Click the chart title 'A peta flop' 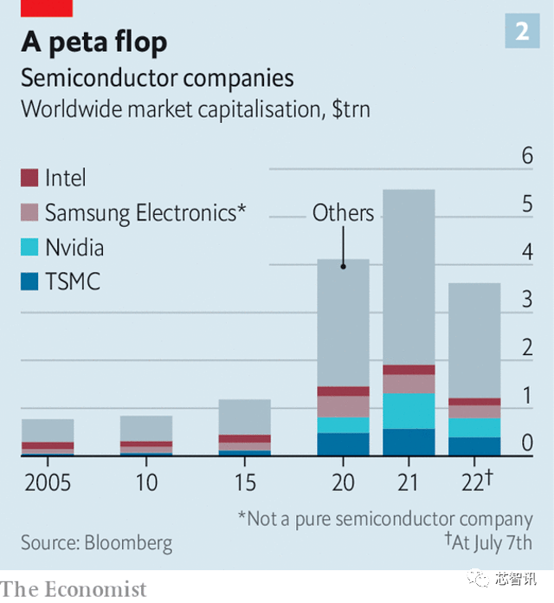click(94, 42)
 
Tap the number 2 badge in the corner click(522, 31)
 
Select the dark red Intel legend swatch click(30, 178)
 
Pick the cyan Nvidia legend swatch click(30, 248)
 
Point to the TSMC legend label click(73, 282)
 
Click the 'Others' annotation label click(343, 213)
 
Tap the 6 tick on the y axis click(526, 156)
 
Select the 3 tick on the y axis click(526, 300)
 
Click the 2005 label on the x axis click(47, 483)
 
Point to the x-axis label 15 click(244, 483)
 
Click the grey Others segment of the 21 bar click(408, 277)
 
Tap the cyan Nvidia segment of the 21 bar click(408, 411)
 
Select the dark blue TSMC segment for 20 click(343, 444)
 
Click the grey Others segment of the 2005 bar click(48, 431)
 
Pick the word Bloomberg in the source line click(129, 544)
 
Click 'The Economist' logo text click(74, 589)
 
